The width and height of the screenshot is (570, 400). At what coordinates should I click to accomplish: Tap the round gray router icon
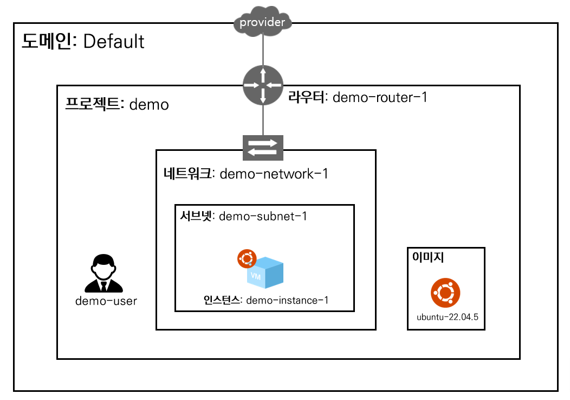pyautogui.click(x=263, y=85)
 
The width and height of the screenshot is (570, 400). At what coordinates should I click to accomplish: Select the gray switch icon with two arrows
pyautogui.click(x=263, y=148)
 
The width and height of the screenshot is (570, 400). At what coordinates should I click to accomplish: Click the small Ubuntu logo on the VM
pyautogui.click(x=247, y=259)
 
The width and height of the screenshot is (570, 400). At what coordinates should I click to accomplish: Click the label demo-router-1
pyautogui.click(x=380, y=98)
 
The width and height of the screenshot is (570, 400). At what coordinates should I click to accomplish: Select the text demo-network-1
pyautogui.click(x=274, y=174)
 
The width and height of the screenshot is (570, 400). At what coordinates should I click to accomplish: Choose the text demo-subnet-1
pyautogui.click(x=263, y=217)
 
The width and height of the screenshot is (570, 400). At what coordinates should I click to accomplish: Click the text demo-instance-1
pyautogui.click(x=287, y=300)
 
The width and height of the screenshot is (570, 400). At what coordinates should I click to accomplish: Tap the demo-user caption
pyautogui.click(x=106, y=301)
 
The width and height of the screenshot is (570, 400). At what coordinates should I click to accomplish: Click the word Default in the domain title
pyautogui.click(x=114, y=41)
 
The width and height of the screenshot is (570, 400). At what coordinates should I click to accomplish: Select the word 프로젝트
pyautogui.click(x=93, y=104)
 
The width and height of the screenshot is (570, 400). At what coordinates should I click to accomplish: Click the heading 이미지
pyautogui.click(x=428, y=258)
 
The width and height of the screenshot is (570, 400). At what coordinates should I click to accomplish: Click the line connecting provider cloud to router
pyautogui.click(x=263, y=50)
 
